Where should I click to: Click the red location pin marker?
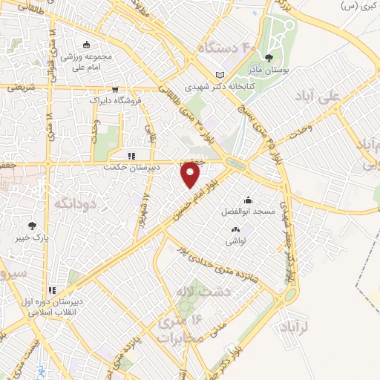click(191, 173)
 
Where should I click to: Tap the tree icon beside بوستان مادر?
click(268, 58)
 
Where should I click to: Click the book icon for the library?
click(219, 75)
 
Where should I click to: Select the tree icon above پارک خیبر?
click(31, 226)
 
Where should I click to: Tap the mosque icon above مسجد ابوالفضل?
click(248, 200)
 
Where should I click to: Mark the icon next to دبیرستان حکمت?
click(131, 157)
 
